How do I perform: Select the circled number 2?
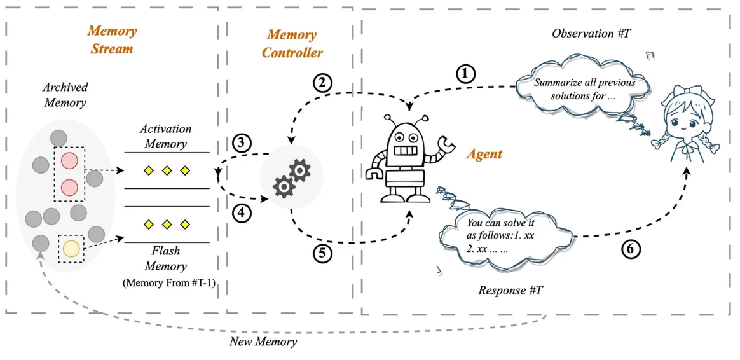323,83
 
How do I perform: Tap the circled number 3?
241,143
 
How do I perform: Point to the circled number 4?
242,213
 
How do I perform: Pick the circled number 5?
322,253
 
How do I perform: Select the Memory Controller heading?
292,43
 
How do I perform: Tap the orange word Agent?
484,153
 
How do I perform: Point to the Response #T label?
510,290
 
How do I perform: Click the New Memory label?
263,342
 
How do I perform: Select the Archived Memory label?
65,95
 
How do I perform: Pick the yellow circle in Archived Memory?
71,249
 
